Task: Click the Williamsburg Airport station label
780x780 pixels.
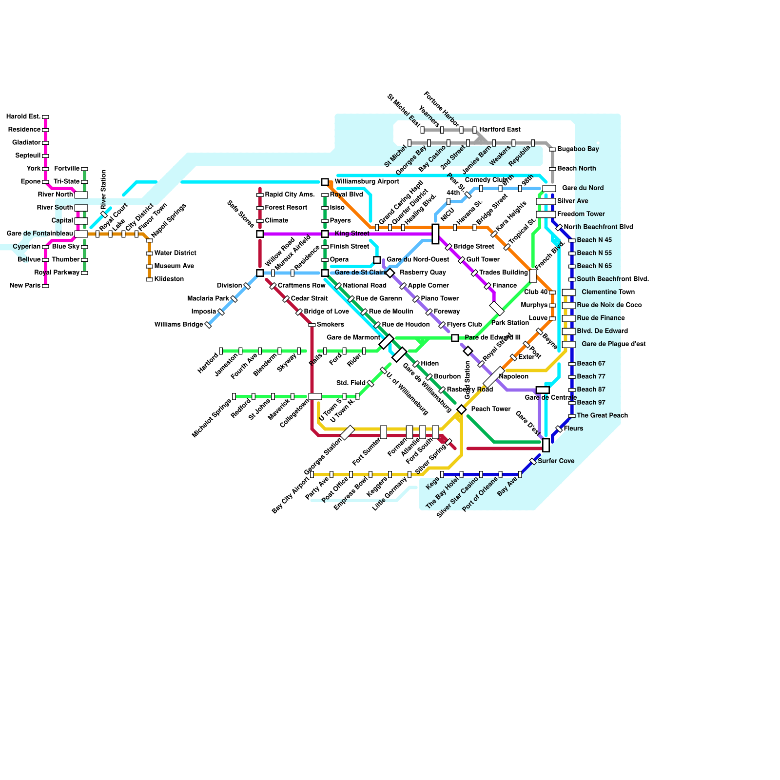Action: click(367, 182)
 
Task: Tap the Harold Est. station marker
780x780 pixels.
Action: click(45, 117)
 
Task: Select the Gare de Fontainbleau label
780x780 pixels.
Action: click(40, 234)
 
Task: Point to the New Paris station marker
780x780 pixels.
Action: click(45, 286)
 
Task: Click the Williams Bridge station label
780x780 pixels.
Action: click(178, 325)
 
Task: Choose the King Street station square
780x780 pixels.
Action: click(325, 234)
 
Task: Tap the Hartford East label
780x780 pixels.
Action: click(500, 130)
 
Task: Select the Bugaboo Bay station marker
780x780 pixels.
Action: click(552, 149)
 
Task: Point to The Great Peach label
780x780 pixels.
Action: click(602, 416)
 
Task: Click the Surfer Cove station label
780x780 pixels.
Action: click(556, 461)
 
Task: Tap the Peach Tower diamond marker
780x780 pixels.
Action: click(461, 409)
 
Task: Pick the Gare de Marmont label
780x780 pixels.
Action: click(353, 337)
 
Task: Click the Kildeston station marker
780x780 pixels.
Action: click(149, 279)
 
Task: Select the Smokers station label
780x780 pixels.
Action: click(330, 325)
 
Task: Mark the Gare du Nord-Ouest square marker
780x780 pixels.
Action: click(377, 260)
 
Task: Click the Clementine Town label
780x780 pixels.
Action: click(608, 292)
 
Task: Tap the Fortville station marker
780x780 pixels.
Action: click(84, 169)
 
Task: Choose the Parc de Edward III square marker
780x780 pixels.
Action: click(455, 338)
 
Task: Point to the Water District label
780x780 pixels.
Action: click(175, 253)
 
